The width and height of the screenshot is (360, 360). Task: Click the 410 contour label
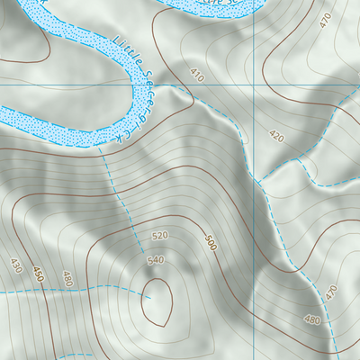pyautogui.click(x=197, y=74)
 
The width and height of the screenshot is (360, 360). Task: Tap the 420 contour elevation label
pyautogui.click(x=276, y=137)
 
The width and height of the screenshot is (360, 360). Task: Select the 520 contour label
pyautogui.click(x=159, y=236)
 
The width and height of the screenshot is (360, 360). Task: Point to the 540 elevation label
pyautogui.click(x=155, y=260)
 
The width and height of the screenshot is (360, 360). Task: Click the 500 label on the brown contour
pyautogui.click(x=211, y=243)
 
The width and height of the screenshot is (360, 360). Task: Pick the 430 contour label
pyautogui.click(x=15, y=265)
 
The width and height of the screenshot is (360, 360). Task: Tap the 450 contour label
pyautogui.click(x=38, y=274)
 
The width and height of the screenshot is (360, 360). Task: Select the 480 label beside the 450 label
pyautogui.click(x=67, y=278)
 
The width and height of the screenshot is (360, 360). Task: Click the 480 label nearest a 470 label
pyautogui.click(x=312, y=320)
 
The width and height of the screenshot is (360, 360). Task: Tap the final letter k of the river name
pyautogui.click(x=118, y=139)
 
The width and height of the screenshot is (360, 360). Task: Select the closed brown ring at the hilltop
pyautogui.click(x=157, y=301)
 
